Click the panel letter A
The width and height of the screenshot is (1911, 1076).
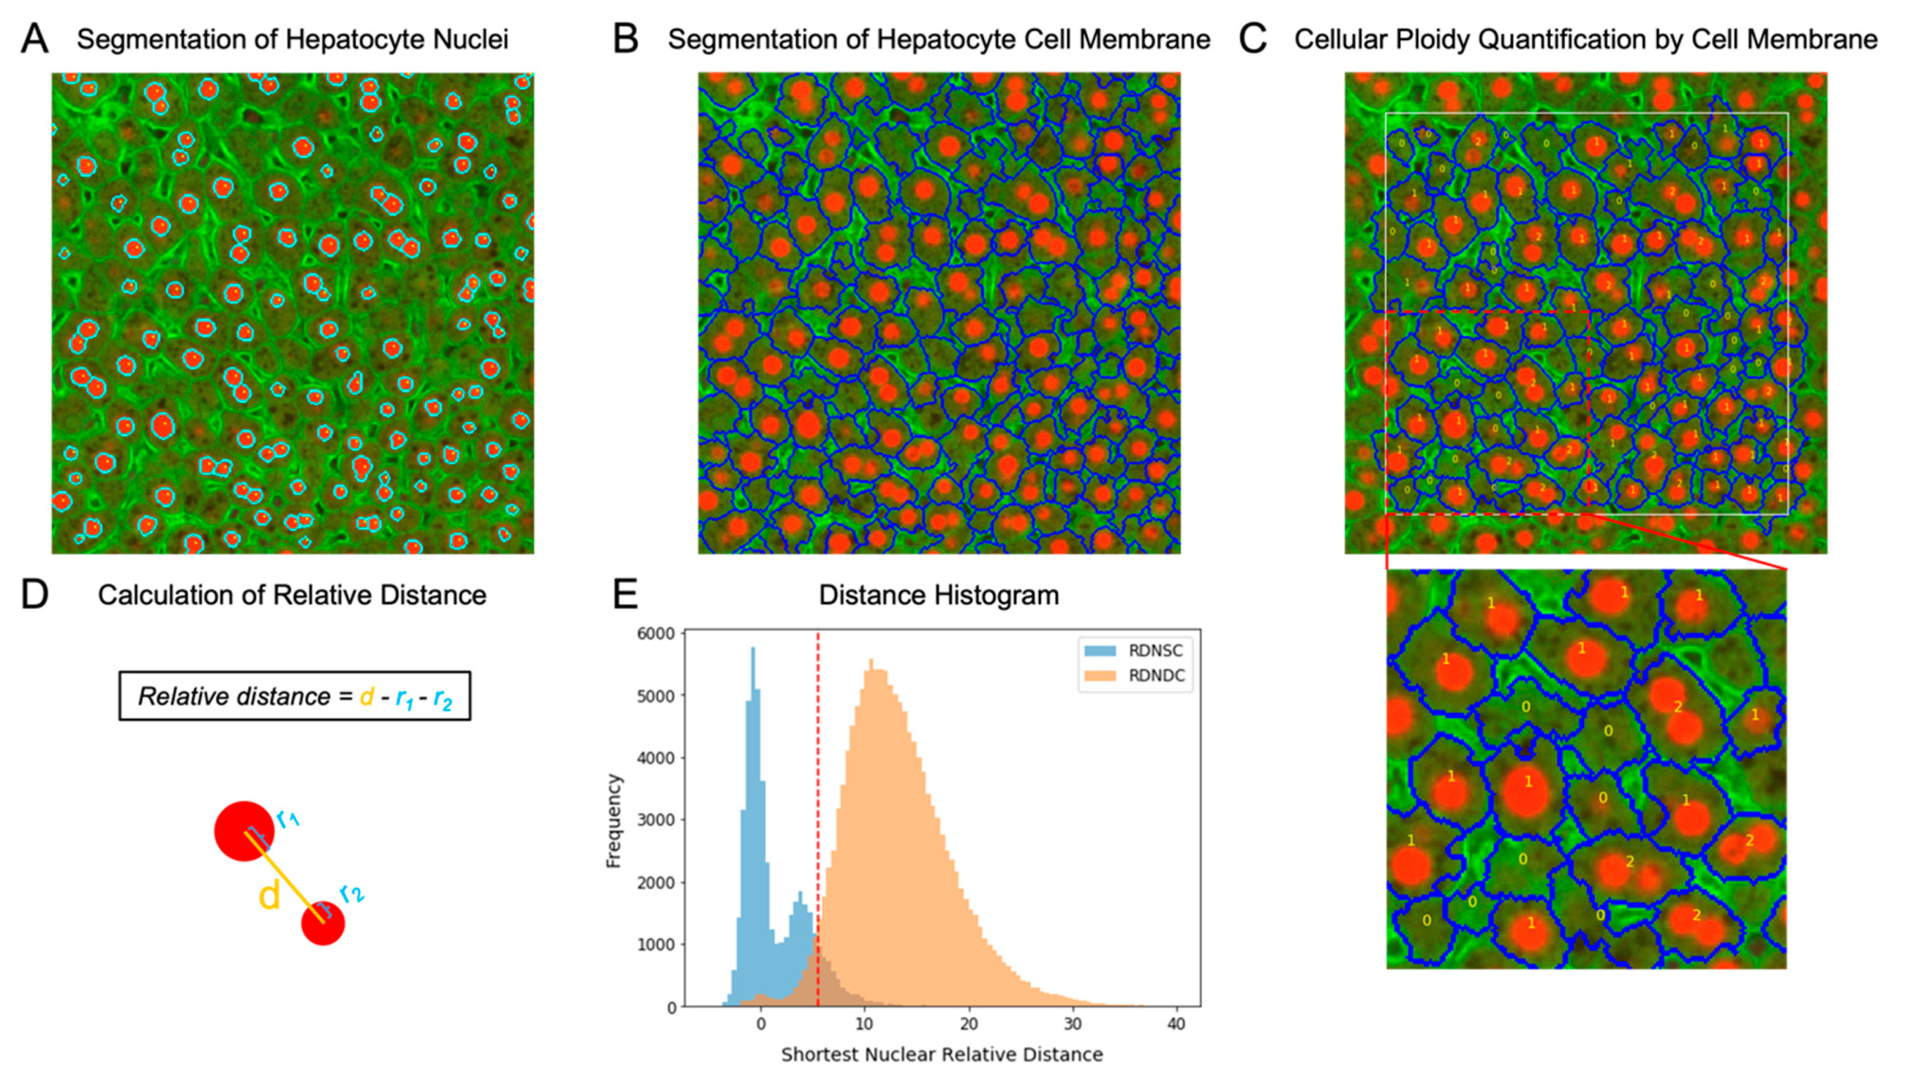[x=34, y=39]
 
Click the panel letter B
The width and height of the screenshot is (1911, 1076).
[x=626, y=39]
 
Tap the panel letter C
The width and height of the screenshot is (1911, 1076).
[x=1252, y=39]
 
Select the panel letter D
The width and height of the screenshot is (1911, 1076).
[x=34, y=595]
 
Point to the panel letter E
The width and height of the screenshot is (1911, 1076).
[x=626, y=595]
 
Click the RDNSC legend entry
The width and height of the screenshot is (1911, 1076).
[x=1155, y=651]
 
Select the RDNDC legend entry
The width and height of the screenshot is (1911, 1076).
[x=1155, y=676]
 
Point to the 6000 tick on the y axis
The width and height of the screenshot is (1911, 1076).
[x=656, y=634]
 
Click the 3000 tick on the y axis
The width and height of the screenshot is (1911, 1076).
[x=656, y=820]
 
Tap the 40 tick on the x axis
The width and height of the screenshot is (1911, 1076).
[x=1176, y=1025]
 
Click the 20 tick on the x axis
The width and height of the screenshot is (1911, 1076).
[x=968, y=1025]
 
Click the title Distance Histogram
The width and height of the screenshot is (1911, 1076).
[x=938, y=595]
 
